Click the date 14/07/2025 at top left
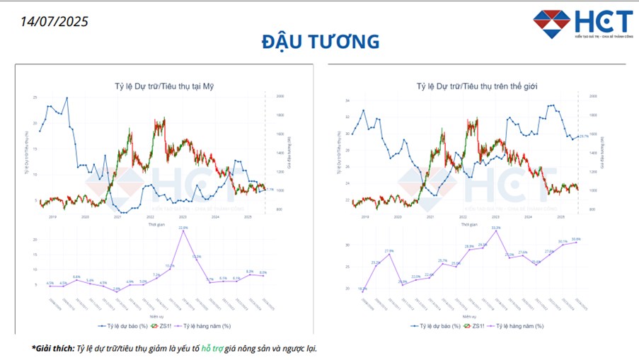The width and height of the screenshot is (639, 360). [54, 21]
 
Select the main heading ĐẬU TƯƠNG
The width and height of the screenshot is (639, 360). [320, 42]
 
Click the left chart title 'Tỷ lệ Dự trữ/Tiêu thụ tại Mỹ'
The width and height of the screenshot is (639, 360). [164, 86]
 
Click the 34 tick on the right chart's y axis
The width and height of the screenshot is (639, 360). [347, 100]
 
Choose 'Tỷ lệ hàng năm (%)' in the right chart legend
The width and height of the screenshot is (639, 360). [519, 326]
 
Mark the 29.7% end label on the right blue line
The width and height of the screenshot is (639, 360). [584, 137]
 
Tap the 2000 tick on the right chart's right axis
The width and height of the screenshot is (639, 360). [593, 95]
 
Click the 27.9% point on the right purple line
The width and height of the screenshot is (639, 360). [389, 253]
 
